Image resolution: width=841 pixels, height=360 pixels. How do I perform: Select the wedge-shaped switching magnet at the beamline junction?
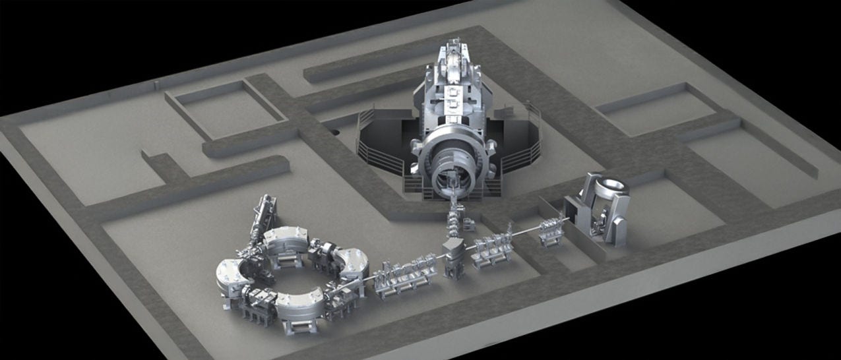[x=456, y=255]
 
